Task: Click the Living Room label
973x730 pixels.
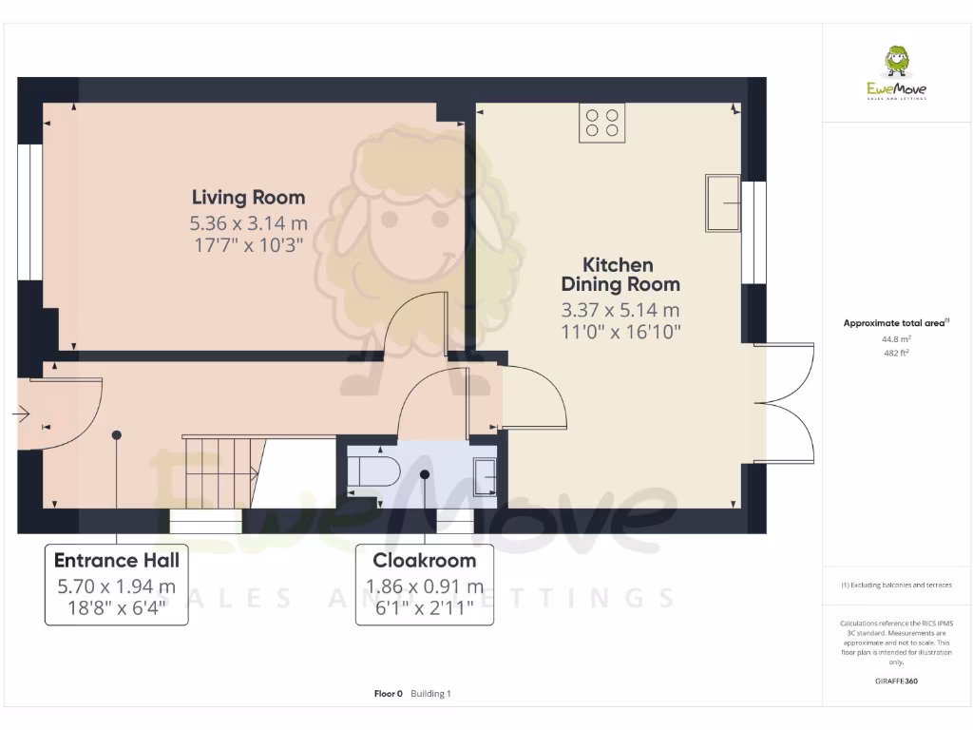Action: pos(248,198)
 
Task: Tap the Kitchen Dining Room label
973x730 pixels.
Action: pos(620,274)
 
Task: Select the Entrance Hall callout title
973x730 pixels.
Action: pos(116,560)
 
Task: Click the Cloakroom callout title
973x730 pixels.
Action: pos(425,560)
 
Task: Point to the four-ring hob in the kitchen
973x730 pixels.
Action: pos(602,123)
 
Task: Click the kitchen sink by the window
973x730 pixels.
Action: pos(723,202)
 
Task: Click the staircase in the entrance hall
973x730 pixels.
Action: pos(221,472)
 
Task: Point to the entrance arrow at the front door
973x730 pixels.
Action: pos(20,413)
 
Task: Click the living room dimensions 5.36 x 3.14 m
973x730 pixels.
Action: pos(248,224)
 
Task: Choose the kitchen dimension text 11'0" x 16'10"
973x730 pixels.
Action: pos(620,332)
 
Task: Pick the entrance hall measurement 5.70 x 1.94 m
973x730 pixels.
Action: pos(116,586)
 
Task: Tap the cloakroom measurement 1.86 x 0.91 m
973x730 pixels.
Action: pos(425,586)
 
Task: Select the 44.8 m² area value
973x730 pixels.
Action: pos(896,338)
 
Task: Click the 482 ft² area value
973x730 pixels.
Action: pos(896,353)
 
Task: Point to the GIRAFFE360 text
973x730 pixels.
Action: pos(896,681)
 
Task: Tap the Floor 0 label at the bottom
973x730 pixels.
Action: pos(389,694)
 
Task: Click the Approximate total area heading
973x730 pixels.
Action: pos(894,323)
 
